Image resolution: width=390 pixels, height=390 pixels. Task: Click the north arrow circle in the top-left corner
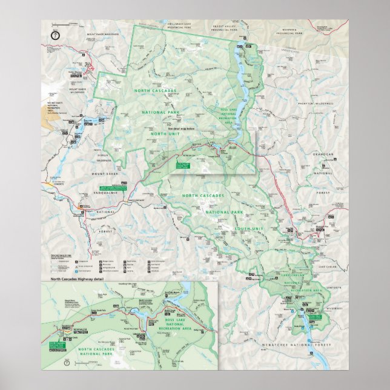(x=55, y=35)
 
